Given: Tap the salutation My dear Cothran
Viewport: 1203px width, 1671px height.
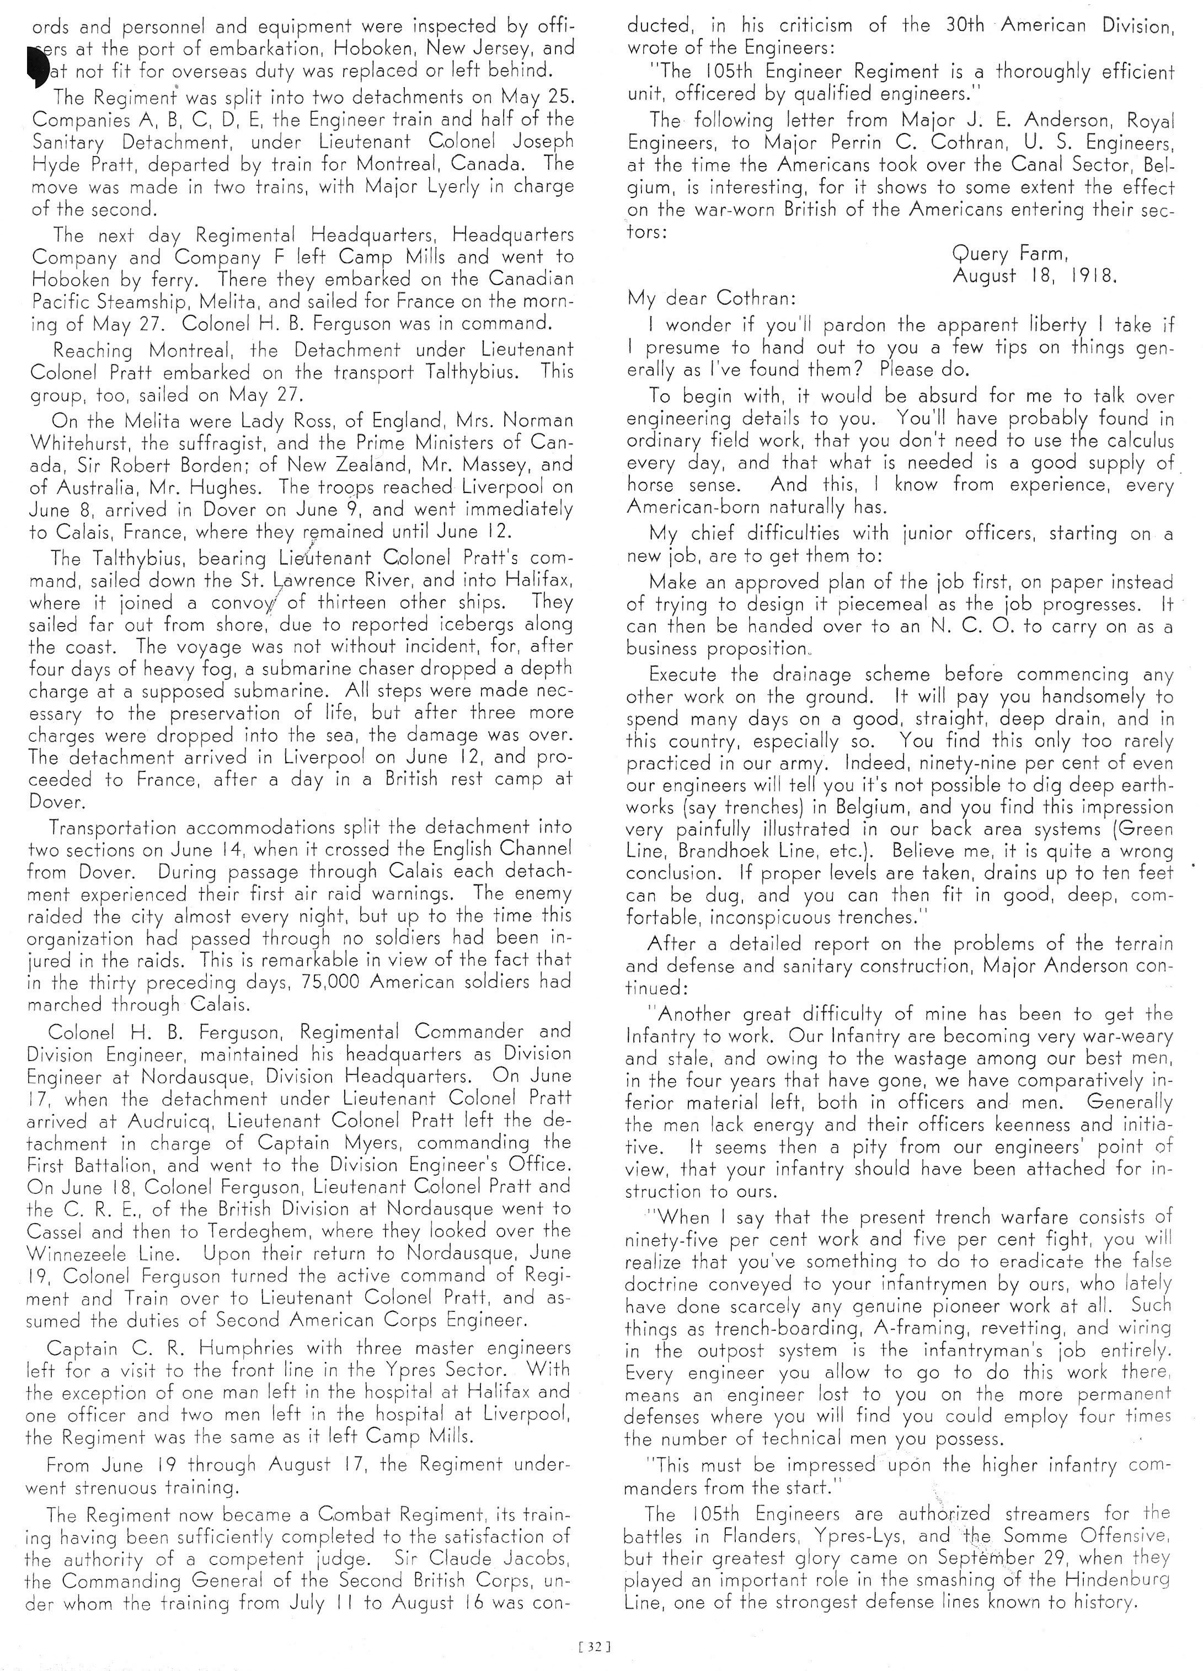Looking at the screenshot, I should tap(711, 298).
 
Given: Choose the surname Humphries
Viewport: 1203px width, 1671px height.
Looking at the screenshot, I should tap(233, 1348).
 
